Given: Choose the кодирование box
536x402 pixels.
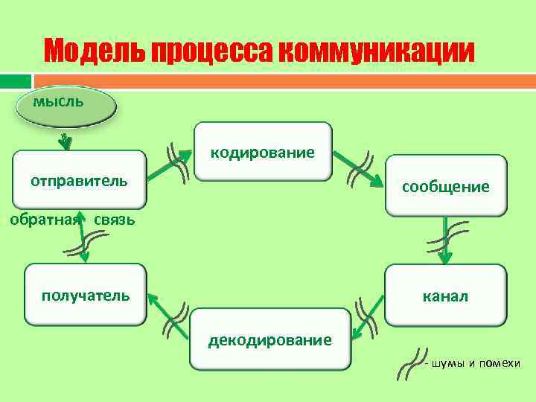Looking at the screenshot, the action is (x=263, y=152).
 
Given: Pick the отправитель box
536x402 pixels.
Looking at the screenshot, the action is (x=79, y=179).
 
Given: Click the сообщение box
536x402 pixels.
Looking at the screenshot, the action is (x=446, y=186).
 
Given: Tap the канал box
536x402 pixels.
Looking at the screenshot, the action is (x=446, y=296).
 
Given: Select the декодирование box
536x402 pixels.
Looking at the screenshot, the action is (x=269, y=339).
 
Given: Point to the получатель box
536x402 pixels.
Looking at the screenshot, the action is (x=85, y=295).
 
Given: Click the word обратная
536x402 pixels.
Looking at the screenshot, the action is (x=43, y=220).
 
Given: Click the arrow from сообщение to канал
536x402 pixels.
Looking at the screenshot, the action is (x=444, y=240).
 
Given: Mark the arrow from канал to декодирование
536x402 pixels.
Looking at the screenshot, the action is (x=367, y=320).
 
